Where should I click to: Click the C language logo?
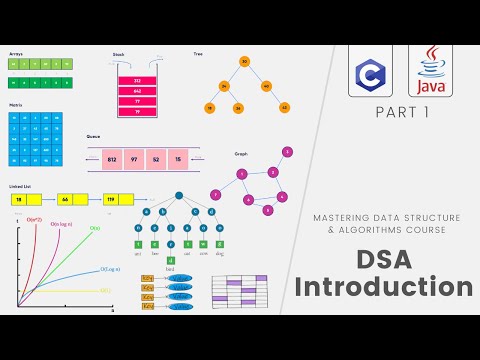pyautogui.click(x=371, y=70)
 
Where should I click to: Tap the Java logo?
pyautogui.click(x=430, y=70)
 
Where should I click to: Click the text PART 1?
pyautogui.click(x=401, y=114)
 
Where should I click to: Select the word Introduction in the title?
pyautogui.click(x=386, y=288)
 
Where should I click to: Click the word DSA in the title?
pyautogui.click(x=386, y=257)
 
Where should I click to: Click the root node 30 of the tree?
pyautogui.click(x=244, y=62)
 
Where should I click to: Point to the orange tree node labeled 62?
pyautogui.click(x=284, y=107)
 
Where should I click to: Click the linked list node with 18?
pyautogui.click(x=21, y=200)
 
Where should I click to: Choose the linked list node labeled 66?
pyautogui.click(x=66, y=200)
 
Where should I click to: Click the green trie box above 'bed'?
pyautogui.click(x=170, y=260)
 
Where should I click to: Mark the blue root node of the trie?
pyautogui.click(x=178, y=196)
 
